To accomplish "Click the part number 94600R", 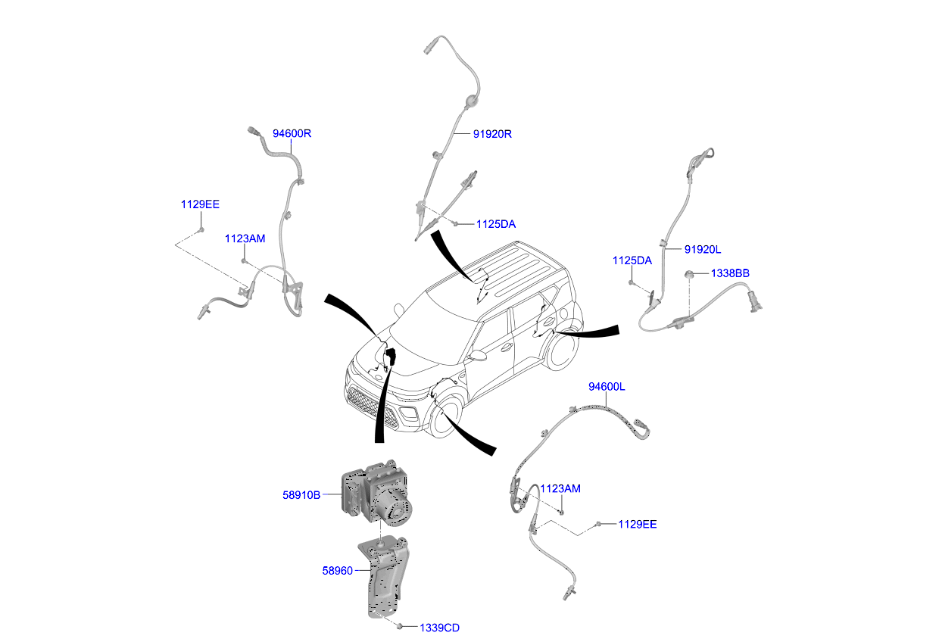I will [x=292, y=134].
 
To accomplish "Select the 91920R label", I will [x=493, y=135].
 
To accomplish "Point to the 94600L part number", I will [x=607, y=387].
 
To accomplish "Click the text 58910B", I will [x=301, y=495].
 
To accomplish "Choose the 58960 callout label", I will [x=338, y=571].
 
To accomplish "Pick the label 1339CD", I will [x=439, y=628].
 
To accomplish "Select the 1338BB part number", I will [x=730, y=273].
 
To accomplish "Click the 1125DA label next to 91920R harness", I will [x=496, y=224].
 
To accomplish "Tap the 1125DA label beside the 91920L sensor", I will [x=632, y=260].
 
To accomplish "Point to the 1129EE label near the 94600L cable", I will [x=638, y=524].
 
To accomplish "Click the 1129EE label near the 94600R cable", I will [x=200, y=204].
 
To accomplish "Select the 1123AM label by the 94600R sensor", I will [x=245, y=238].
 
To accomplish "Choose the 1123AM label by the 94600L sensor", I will [x=560, y=489].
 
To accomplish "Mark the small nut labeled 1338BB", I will [x=691, y=274].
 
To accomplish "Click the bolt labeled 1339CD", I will [x=399, y=626].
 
